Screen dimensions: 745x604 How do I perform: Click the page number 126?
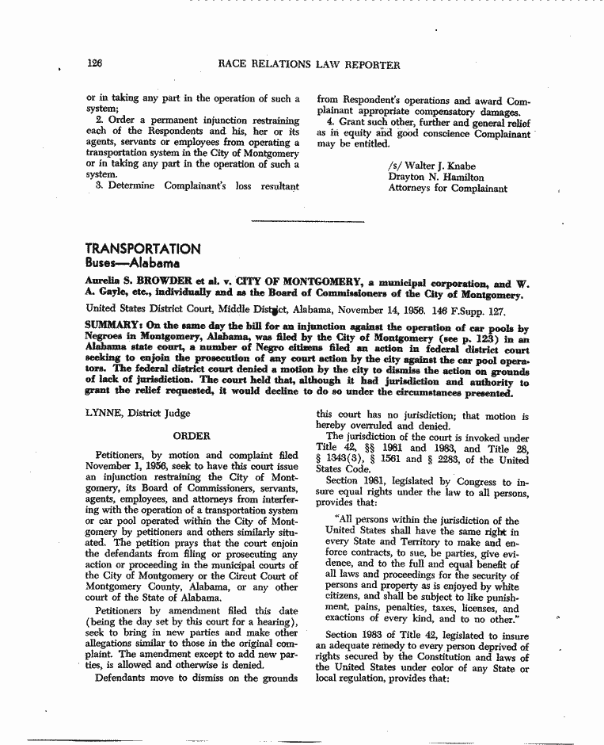point(94,64)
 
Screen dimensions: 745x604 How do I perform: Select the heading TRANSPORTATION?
point(142,249)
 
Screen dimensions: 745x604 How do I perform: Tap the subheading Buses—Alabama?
point(132,263)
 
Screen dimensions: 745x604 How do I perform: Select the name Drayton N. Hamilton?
point(435,178)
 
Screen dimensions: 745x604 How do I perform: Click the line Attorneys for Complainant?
point(447,189)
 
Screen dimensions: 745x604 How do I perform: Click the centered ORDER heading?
point(191,436)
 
